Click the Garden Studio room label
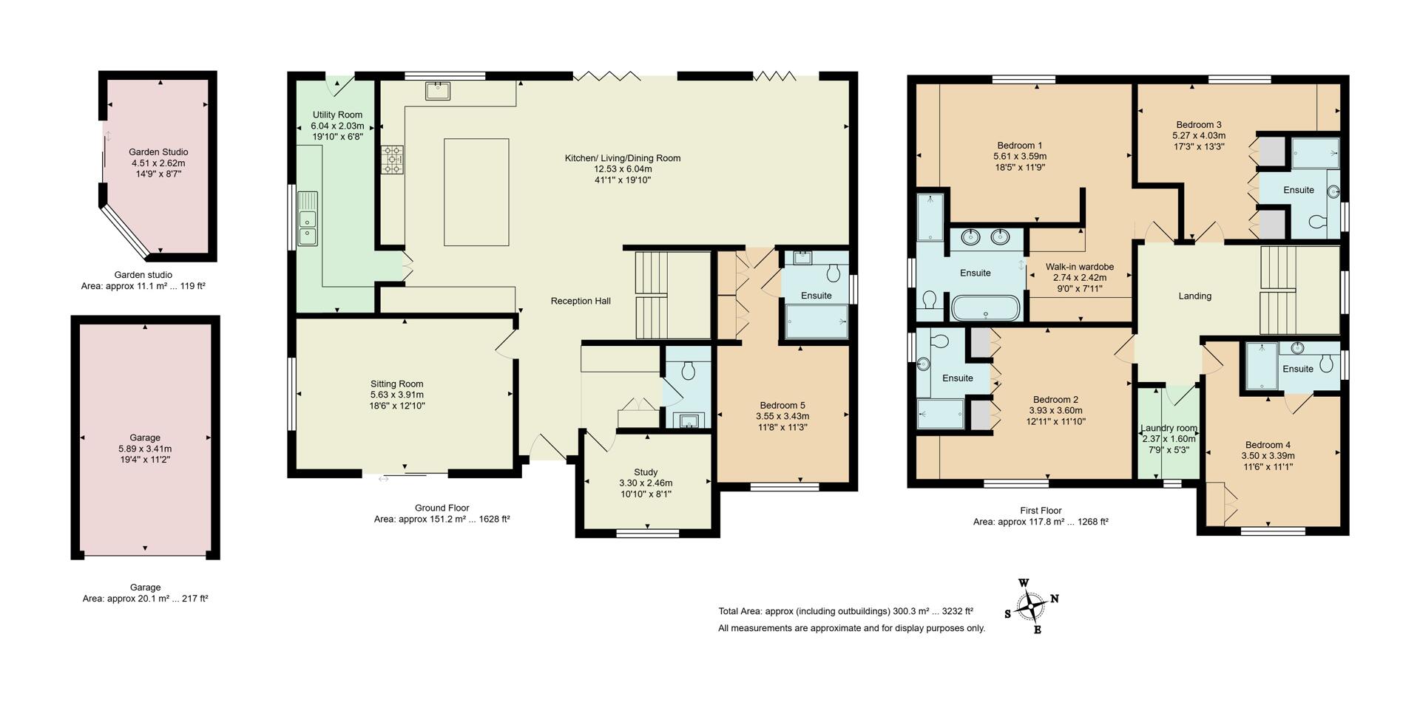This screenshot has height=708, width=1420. [x=158, y=152]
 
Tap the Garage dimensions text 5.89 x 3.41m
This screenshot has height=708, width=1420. [x=145, y=449]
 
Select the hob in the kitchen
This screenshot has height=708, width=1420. [x=393, y=160]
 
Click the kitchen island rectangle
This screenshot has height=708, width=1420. [x=476, y=192]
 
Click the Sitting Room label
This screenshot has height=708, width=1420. [x=397, y=384]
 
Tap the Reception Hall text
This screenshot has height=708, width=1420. [x=581, y=301]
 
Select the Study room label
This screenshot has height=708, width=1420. [x=646, y=472]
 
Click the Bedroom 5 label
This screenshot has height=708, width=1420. [x=782, y=405]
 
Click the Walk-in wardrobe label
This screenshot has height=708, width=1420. [x=1080, y=267]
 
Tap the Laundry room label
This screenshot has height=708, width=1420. [x=1169, y=428]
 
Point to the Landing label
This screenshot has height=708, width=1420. [x=1194, y=296]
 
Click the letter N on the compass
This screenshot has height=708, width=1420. [x=1055, y=599]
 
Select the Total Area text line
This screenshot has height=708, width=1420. [x=845, y=611]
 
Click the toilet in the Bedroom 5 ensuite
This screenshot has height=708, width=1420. [x=835, y=273]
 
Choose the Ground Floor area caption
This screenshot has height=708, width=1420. [x=442, y=514]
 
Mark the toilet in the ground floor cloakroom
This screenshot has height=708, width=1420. [x=688, y=370]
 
